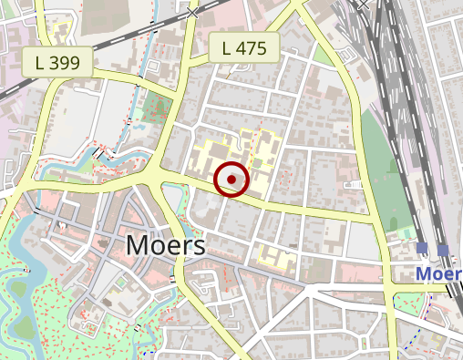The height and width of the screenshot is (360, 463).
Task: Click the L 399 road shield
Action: (57, 63)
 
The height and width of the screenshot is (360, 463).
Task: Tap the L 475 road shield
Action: (243, 48)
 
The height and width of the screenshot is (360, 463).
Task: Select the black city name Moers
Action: (165, 244)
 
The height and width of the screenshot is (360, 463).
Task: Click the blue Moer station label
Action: (439, 273)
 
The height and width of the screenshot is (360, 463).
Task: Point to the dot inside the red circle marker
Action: (232, 180)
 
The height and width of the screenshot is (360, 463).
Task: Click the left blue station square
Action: (422, 248)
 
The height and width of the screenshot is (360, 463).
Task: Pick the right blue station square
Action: (443, 249)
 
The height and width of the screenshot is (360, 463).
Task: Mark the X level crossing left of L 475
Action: (192, 11)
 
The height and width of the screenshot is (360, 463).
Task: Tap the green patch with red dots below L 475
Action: (156, 108)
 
